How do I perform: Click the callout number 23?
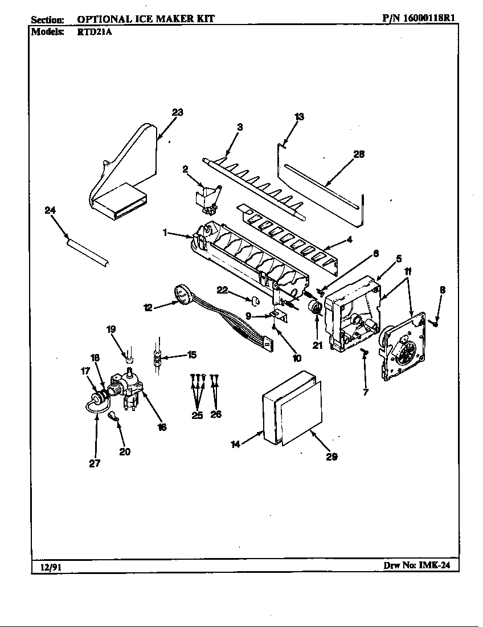[178, 112]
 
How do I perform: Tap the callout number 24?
[51, 210]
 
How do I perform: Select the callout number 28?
[359, 154]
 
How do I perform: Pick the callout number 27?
[95, 463]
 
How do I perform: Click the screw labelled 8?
[436, 323]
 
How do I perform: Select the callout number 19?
[112, 329]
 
